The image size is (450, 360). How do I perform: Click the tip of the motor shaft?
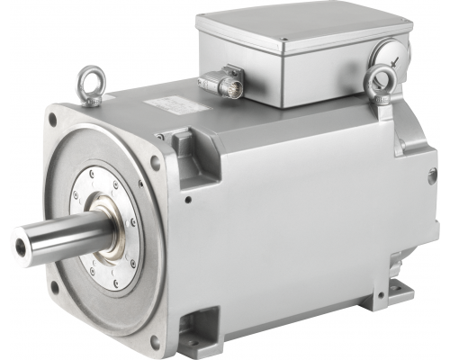[x=20, y=241]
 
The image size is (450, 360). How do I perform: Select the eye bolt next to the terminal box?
[x=378, y=83]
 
